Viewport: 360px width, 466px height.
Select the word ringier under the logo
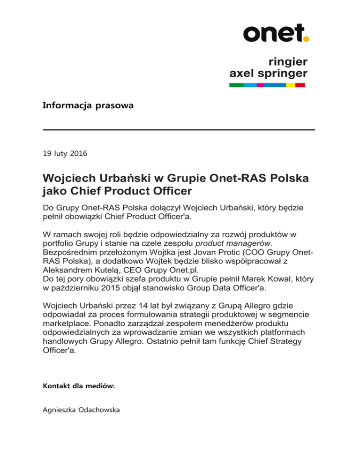[x=288, y=61]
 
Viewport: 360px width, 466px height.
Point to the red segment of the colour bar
[x=300, y=85]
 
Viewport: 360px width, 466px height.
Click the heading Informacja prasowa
[x=88, y=106]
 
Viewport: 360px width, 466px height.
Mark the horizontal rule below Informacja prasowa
[x=179, y=129]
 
